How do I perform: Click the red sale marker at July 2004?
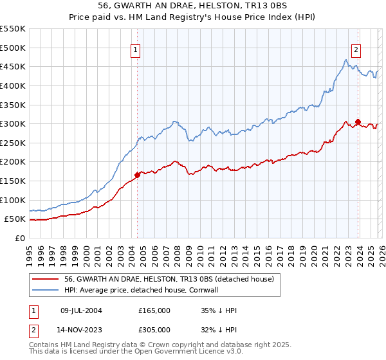click(x=137, y=174)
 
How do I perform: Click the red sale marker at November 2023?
click(x=358, y=122)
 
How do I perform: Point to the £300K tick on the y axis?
click(x=13, y=123)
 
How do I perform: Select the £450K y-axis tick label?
click(x=13, y=66)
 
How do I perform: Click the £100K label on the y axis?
click(x=13, y=200)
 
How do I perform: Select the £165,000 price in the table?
click(x=154, y=310)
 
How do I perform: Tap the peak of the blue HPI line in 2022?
click(x=346, y=60)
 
